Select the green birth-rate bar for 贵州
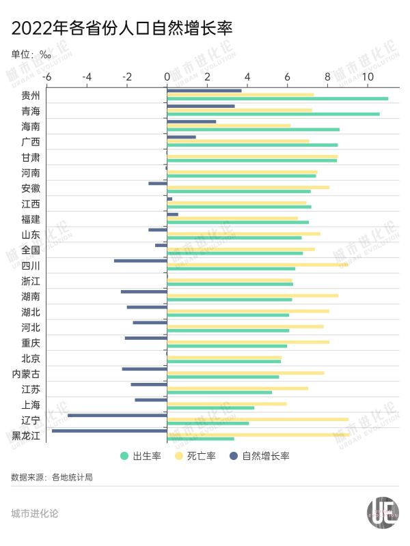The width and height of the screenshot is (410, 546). click(277, 99)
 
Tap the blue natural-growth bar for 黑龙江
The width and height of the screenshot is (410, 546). click(109, 430)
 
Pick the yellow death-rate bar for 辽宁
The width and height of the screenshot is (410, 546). click(258, 419)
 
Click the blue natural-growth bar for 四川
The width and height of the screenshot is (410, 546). click(141, 261)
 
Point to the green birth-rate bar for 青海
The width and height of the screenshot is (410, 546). click(273, 114)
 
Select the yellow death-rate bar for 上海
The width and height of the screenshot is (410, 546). click(227, 403)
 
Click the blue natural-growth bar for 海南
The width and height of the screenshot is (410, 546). click(191, 121)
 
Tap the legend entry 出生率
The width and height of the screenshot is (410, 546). click(141, 456)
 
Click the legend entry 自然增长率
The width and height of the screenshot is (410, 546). click(259, 456)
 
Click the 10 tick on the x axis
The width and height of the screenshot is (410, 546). click(368, 77)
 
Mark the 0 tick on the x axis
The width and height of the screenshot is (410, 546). click(167, 77)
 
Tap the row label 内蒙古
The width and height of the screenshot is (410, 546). click(26, 373)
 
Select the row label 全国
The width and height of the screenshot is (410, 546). click(31, 250)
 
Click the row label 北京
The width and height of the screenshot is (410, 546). click(31, 358)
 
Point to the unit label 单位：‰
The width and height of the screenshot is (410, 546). click(31, 55)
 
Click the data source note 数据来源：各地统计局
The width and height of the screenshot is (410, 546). click(52, 477)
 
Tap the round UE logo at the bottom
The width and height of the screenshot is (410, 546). click(383, 513)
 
